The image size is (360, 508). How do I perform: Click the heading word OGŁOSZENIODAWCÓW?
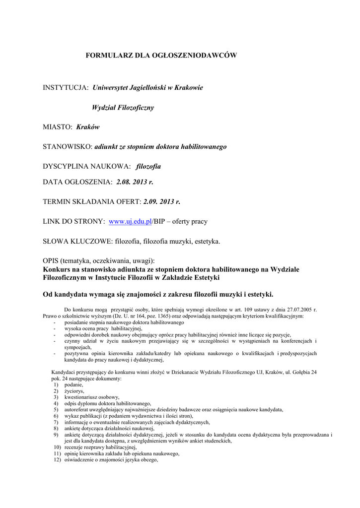click(198, 56)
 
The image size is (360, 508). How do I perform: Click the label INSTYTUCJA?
click(66, 87)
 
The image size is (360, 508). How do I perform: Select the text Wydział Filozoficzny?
click(123, 107)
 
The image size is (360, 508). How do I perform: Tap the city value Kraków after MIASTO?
click(88, 127)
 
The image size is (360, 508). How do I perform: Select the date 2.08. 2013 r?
click(135, 182)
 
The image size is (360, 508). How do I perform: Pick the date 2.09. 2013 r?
click(161, 202)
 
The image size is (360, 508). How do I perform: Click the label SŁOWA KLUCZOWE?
click(77, 242)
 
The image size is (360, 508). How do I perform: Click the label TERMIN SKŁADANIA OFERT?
click(92, 202)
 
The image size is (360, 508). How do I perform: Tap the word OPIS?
click(51, 261)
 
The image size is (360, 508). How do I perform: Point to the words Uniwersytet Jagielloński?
click(130, 87)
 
